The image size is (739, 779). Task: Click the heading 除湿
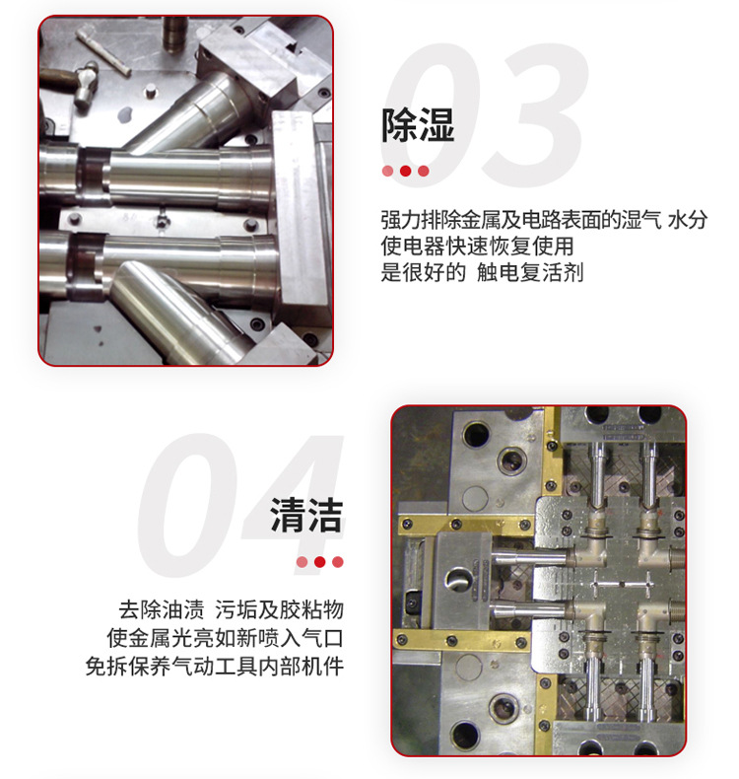pos(418,125)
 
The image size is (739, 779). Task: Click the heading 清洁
pos(306,516)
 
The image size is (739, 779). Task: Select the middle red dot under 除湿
pos(406,171)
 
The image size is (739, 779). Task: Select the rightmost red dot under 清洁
pos(338,562)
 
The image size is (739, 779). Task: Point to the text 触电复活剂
pos(530,272)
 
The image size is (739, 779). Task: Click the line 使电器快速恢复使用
pos(478,246)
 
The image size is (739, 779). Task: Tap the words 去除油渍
pos(162,609)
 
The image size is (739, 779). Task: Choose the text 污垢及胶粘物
pos(280,609)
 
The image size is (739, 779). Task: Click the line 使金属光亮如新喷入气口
pos(226,638)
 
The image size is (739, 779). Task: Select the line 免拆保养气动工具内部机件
pos(215,667)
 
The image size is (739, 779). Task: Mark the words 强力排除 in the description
pos(423,220)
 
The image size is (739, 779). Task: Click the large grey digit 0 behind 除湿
pos(431,115)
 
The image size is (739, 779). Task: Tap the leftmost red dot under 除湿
pos(387,171)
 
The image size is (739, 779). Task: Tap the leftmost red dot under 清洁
pos(302,562)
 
